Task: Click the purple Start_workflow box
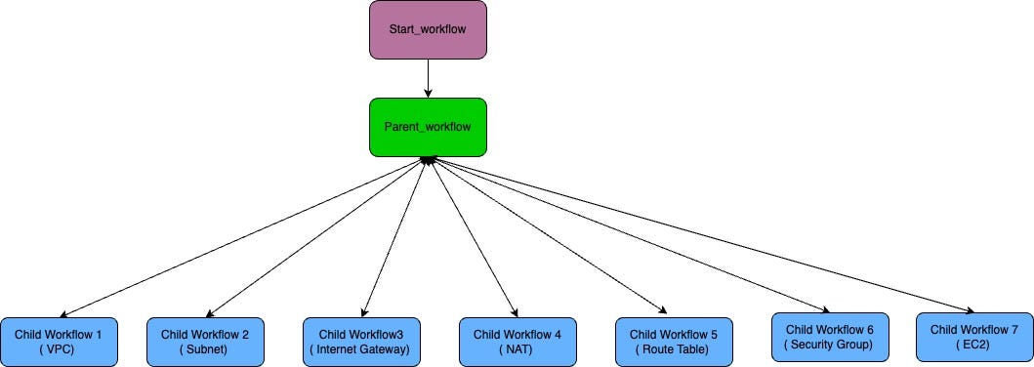pyautogui.click(x=428, y=29)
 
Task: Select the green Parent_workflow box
pyautogui.click(x=428, y=127)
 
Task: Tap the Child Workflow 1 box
pyautogui.click(x=59, y=342)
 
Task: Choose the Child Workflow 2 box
pyautogui.click(x=205, y=342)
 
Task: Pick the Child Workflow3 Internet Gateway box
pyautogui.click(x=361, y=342)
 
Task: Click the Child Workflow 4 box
pyautogui.click(x=517, y=342)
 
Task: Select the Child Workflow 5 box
pyautogui.click(x=674, y=342)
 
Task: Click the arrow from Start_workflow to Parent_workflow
pyautogui.click(x=428, y=78)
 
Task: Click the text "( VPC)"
pyautogui.click(x=59, y=349)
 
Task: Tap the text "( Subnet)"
pyautogui.click(x=205, y=349)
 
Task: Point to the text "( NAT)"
pyautogui.click(x=517, y=349)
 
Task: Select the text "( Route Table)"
pyautogui.click(x=674, y=349)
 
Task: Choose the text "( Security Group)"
pyautogui.click(x=830, y=345)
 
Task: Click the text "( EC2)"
pyautogui.click(x=974, y=345)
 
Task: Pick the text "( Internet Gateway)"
pyautogui.click(x=361, y=349)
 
